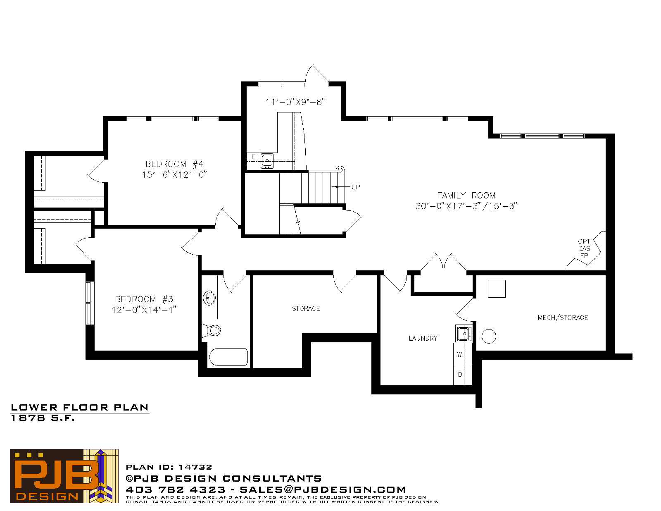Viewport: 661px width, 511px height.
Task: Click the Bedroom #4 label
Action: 174,164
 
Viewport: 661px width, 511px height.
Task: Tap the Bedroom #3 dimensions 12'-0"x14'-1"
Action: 144,310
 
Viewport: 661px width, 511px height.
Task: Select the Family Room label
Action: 466,196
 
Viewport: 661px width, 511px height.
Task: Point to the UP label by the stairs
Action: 356,187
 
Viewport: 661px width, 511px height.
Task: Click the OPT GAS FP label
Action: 584,248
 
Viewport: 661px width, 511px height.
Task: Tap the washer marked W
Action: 463,353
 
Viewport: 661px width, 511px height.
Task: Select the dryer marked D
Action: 463,374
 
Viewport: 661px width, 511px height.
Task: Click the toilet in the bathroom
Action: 212,330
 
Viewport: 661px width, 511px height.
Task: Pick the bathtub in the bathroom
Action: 228,357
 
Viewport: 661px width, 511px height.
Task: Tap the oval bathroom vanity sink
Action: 209,298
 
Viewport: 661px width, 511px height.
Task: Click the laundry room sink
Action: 464,334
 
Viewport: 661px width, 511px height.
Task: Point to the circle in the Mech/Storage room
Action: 489,336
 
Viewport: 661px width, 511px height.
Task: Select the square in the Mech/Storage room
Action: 497,289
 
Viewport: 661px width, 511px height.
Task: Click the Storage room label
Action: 306,308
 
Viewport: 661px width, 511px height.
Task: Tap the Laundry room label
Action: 423,338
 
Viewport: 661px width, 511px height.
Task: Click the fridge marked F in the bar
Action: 253,158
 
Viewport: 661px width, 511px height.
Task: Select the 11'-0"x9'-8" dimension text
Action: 295,102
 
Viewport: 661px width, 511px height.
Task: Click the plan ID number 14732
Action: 195,467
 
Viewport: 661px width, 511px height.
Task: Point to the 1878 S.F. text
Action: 43,418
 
